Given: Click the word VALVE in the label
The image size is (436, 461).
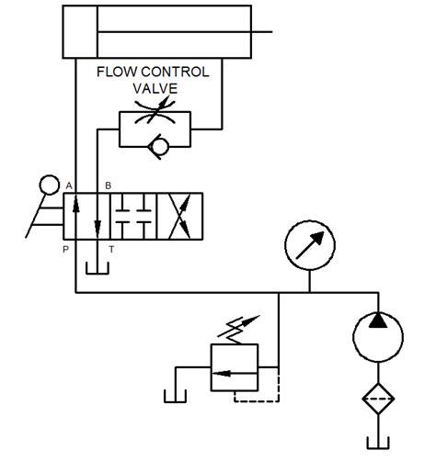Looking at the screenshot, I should [154, 88].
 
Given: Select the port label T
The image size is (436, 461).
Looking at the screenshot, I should [111, 249].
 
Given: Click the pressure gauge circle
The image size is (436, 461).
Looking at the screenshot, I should [310, 247].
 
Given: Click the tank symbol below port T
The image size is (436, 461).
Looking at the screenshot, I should [94, 268].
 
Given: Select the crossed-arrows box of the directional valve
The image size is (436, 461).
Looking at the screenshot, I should [179, 218].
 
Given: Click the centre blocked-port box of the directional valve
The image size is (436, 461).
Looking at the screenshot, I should [133, 218].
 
